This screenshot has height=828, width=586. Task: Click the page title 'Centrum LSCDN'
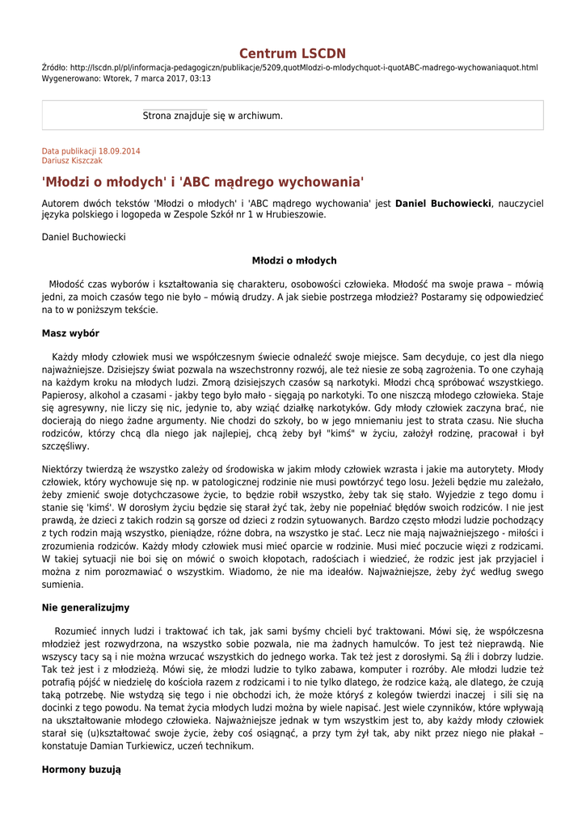(292, 53)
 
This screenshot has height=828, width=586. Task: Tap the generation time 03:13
(200, 78)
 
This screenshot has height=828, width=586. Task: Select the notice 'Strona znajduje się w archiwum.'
(213, 116)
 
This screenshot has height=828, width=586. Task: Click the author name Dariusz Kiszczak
(72, 161)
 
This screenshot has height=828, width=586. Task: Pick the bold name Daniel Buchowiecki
(443, 203)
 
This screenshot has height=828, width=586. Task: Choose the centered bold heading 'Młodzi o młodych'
(293, 260)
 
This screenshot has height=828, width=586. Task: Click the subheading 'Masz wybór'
(70, 333)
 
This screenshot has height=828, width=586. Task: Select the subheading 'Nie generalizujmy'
(85, 607)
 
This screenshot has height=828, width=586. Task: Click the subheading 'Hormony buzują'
(81, 770)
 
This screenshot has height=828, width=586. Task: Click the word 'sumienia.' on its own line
(62, 584)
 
